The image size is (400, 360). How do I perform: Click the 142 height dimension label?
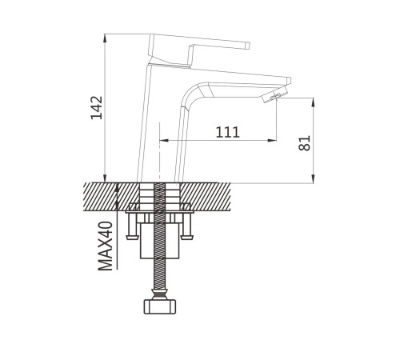tap(97, 107)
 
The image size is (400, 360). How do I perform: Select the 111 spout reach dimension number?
tap(227, 133)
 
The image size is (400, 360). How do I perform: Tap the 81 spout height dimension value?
tap(305, 143)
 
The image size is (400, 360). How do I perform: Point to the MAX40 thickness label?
tap(106, 246)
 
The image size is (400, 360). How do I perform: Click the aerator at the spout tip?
tap(275, 94)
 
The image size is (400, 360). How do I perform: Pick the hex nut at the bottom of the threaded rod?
tap(160, 307)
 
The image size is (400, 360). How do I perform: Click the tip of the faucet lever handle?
tap(247, 46)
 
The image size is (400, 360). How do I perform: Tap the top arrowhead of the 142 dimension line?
tap(105, 38)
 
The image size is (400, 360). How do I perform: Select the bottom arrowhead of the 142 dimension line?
tap(105, 178)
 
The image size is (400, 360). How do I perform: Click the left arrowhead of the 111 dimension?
tap(164, 140)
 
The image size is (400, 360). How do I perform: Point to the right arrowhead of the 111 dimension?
tap(272, 140)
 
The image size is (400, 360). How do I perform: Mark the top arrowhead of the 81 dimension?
tap(314, 102)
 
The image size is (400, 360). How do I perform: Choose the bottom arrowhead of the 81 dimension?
tap(314, 178)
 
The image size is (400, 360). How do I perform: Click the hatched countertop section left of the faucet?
tap(111, 197)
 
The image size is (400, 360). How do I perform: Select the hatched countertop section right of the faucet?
tap(206, 197)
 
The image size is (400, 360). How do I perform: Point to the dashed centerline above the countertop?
tap(159, 153)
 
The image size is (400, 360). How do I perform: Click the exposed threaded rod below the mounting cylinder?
tap(160, 273)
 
